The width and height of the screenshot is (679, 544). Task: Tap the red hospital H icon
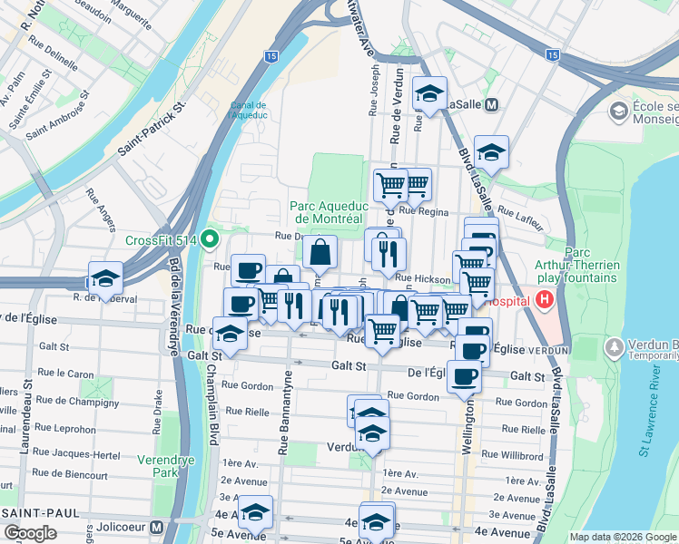(545, 299)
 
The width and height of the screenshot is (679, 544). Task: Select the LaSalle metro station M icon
(492, 104)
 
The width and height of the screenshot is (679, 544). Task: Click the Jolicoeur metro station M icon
(156, 527)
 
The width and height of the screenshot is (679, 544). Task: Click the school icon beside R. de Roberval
(105, 278)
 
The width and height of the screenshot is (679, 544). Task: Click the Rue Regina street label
(424, 210)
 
